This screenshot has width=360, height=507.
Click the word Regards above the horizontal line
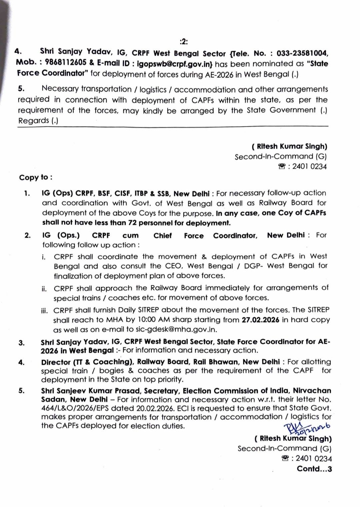tap(33, 121)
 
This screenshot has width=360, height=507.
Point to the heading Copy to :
tap(36, 177)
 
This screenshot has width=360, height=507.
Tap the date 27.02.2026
tap(261, 320)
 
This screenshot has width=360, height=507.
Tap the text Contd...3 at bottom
tap(314, 469)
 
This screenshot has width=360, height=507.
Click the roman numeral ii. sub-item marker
tap(44, 289)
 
